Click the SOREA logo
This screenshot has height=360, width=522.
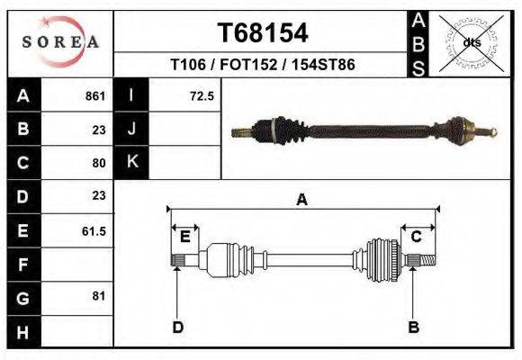pyautogui.click(x=59, y=41)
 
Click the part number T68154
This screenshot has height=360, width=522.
pyautogui.click(x=263, y=33)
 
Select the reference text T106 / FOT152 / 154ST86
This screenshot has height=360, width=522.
pyautogui.click(x=262, y=66)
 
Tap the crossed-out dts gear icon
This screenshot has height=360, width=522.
pyautogui.click(x=472, y=41)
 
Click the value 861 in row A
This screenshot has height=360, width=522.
pyautogui.click(x=95, y=96)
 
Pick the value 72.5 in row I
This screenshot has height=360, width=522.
pyautogui.click(x=201, y=96)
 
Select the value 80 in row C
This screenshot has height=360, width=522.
pyautogui.click(x=99, y=163)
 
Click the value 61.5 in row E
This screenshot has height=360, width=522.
pyautogui.click(x=94, y=230)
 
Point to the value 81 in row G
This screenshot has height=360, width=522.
pyautogui.click(x=99, y=297)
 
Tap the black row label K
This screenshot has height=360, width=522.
pyautogui.click(x=131, y=163)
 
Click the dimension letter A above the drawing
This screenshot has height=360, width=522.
pyautogui.click(x=302, y=200)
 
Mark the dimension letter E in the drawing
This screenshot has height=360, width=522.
pyautogui.click(x=184, y=237)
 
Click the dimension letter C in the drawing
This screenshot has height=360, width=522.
pyautogui.click(x=417, y=237)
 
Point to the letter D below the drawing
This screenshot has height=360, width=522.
pyautogui.click(x=177, y=327)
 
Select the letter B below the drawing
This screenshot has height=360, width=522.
pyautogui.click(x=413, y=327)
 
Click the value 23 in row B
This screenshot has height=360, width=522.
pyautogui.click(x=99, y=130)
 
